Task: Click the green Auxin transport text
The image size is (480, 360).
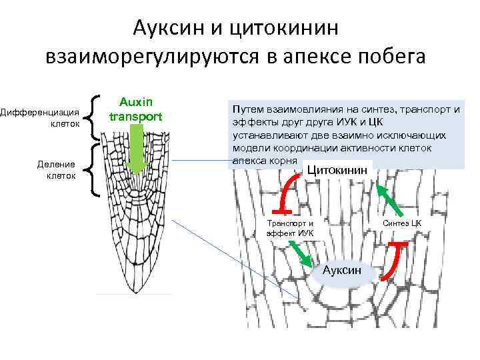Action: [136, 109]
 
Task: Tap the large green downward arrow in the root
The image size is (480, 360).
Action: [136, 150]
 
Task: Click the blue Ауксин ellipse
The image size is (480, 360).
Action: [342, 270]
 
